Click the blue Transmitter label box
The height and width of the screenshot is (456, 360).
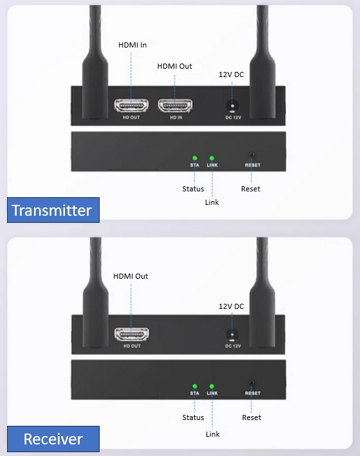tap(53, 210)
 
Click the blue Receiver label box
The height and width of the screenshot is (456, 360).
tap(53, 439)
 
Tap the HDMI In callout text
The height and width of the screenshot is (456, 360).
tap(132, 45)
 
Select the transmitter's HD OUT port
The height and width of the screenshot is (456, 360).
tap(131, 105)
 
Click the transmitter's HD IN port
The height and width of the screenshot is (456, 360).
tap(175, 105)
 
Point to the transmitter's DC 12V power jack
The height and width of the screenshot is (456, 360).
tap(232, 106)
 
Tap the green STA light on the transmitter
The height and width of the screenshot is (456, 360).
tap(195, 158)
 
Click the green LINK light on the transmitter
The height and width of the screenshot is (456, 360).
tap(212, 158)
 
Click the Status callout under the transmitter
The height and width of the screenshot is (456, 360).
tap(193, 189)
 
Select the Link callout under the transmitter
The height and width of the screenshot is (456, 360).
tap(212, 202)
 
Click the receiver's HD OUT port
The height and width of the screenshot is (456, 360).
tap(132, 334)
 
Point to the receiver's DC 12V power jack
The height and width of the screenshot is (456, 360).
tap(232, 335)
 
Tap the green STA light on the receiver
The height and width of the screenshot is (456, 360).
tap(195, 387)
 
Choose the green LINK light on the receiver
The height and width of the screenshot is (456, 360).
tap(212, 387)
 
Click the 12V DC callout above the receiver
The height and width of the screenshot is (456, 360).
tap(231, 306)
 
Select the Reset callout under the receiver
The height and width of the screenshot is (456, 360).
tap(251, 417)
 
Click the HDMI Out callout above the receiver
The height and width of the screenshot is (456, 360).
tap(130, 276)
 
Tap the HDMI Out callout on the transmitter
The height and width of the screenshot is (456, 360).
tap(175, 66)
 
